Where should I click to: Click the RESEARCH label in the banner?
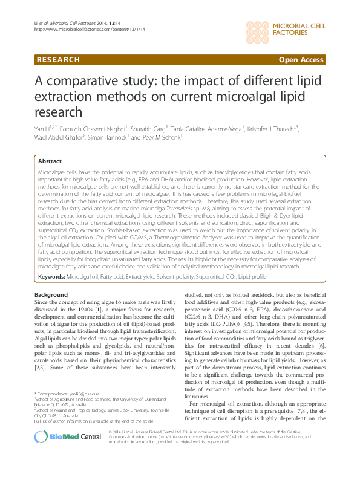pos(57,60)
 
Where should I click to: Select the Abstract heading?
pos(50,161)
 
